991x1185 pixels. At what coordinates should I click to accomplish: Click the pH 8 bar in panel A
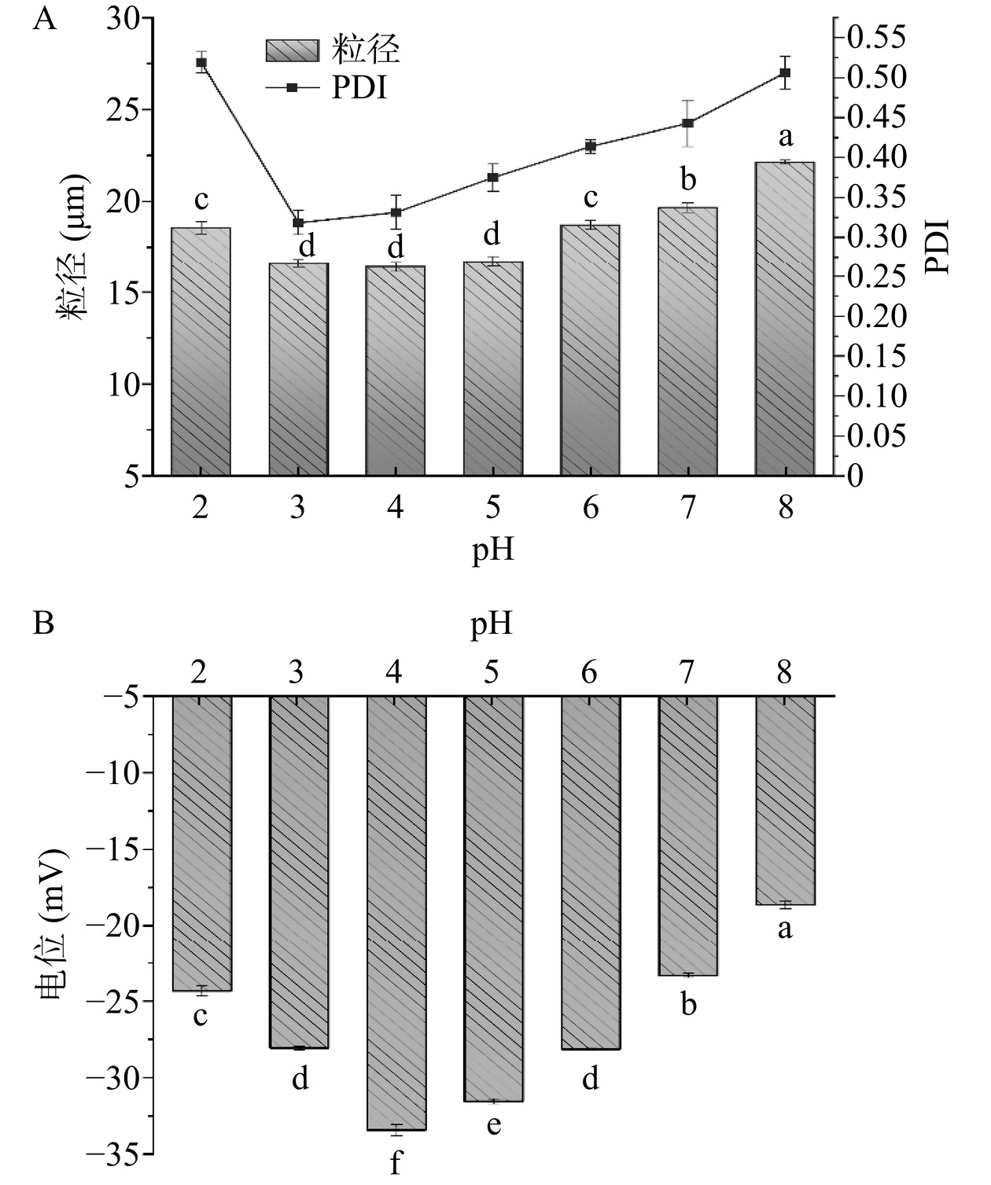pyautogui.click(x=784, y=318)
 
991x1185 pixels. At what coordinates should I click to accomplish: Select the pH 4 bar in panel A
pyautogui.click(x=395, y=370)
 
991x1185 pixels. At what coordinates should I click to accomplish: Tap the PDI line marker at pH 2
pyautogui.click(x=201, y=62)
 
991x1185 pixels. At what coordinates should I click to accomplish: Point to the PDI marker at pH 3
pyautogui.click(x=298, y=223)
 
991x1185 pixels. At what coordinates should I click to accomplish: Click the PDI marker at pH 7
pyautogui.click(x=687, y=123)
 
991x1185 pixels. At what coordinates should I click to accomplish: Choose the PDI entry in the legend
pyautogui.click(x=359, y=88)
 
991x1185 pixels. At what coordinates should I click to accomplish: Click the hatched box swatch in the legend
pyautogui.click(x=292, y=50)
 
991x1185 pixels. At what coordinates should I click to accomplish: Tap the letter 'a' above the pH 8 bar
pyautogui.click(x=785, y=138)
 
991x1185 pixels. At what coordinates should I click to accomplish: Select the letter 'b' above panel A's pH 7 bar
pyautogui.click(x=688, y=180)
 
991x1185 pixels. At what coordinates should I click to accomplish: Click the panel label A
pyautogui.click(x=45, y=17)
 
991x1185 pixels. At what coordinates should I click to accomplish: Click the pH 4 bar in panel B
pyautogui.click(x=396, y=912)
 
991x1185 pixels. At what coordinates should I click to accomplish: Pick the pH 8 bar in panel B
pyautogui.click(x=785, y=800)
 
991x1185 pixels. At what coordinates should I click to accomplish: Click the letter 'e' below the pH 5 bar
pyautogui.click(x=493, y=1125)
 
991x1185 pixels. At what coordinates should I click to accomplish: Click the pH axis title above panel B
pyautogui.click(x=492, y=624)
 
